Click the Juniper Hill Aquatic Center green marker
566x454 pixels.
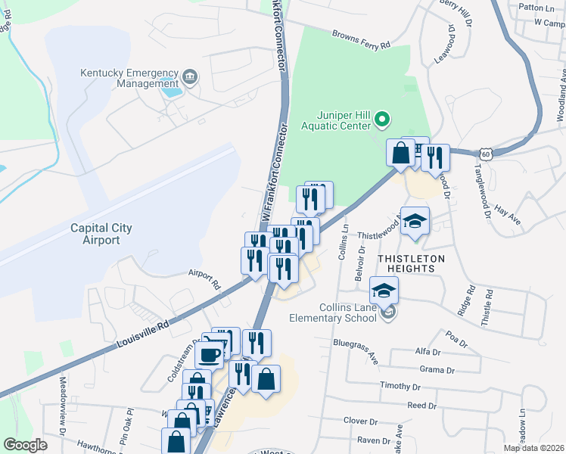pos(382,120)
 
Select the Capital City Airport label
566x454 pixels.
pos(101,234)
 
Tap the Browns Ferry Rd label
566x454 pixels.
pos(363,39)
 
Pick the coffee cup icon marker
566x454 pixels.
pos(210,354)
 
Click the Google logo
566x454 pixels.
pos(25,445)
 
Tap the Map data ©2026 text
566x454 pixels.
pos(534,448)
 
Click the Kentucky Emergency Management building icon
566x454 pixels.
pos(189,76)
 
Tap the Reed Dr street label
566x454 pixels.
pos(422,406)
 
